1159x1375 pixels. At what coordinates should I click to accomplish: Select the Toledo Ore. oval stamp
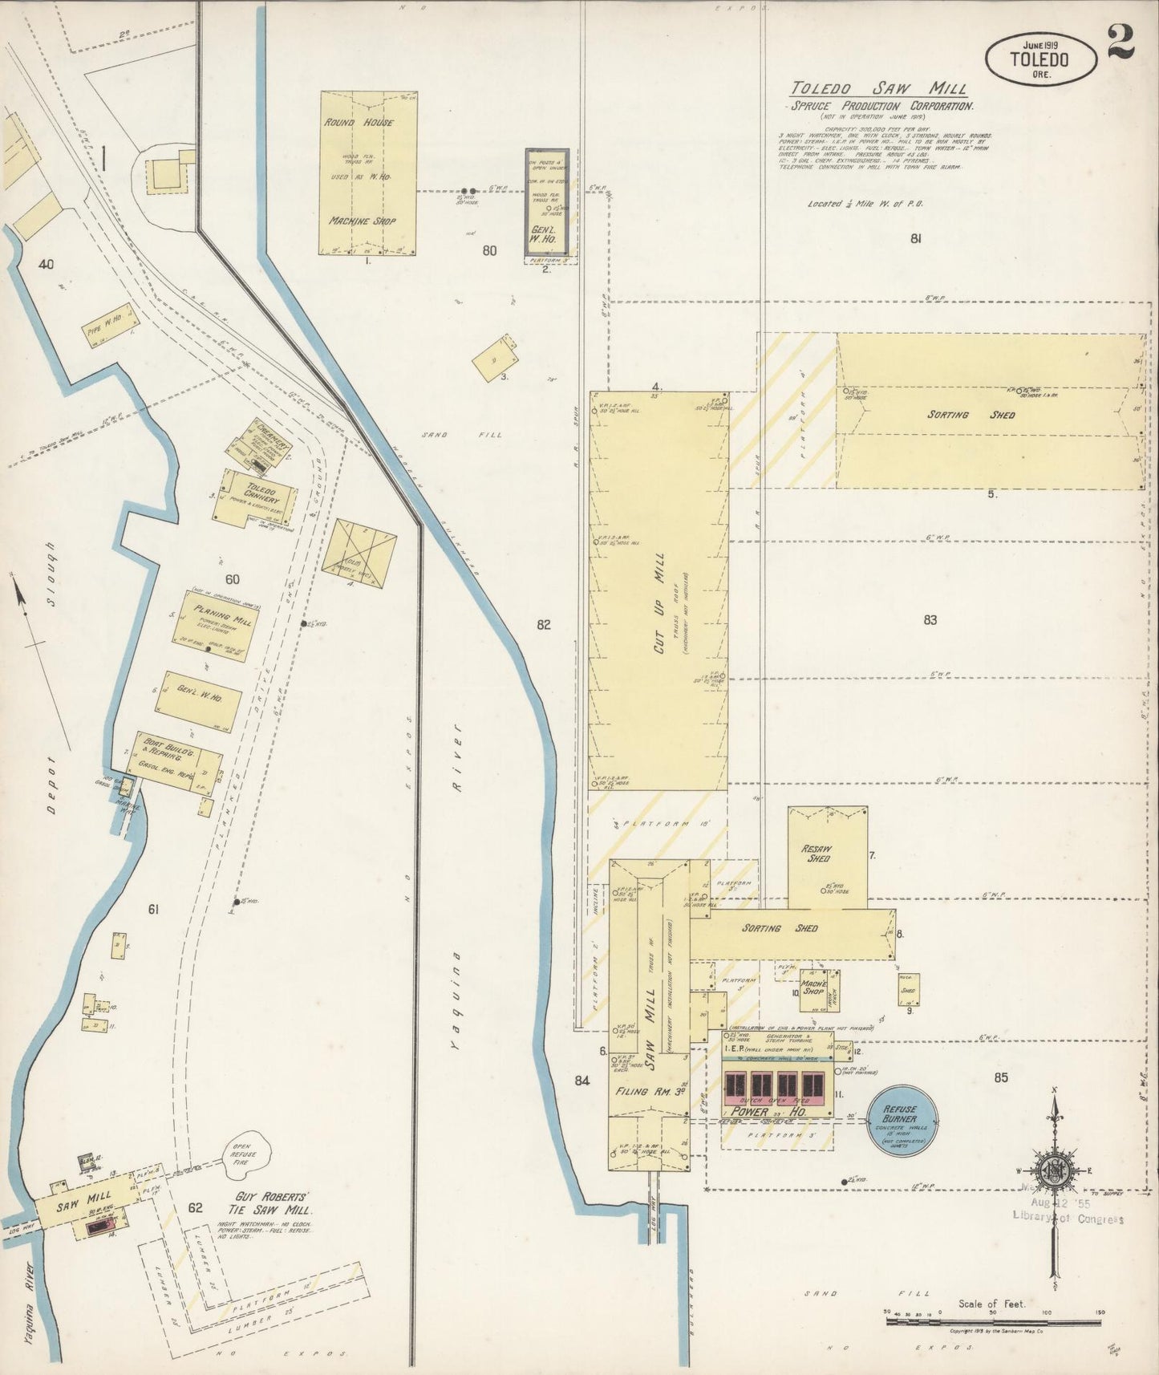1039,59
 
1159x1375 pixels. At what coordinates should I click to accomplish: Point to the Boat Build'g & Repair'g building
177,761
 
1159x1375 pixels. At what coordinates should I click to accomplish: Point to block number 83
930,619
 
